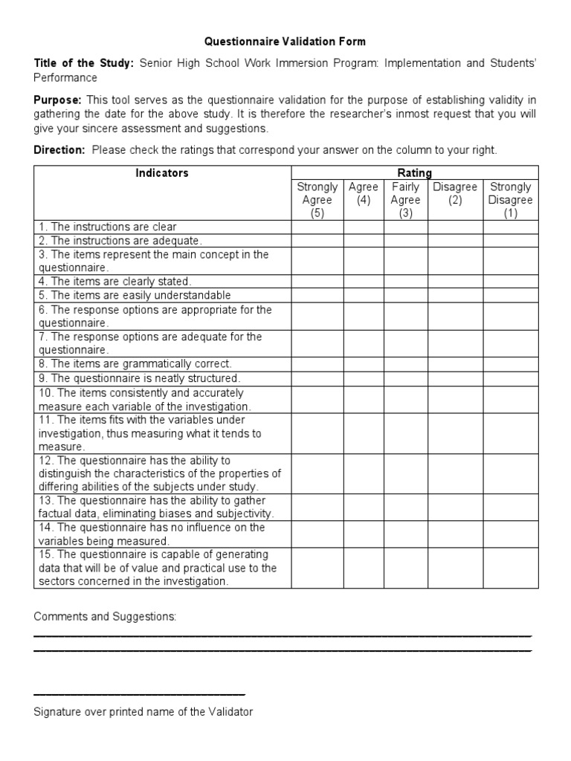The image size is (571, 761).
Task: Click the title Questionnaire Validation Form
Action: pyautogui.click(x=285, y=42)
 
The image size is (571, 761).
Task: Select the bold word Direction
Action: pyautogui.click(x=60, y=150)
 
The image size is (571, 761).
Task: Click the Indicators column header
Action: pyautogui.click(x=162, y=173)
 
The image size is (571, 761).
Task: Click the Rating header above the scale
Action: pyautogui.click(x=414, y=173)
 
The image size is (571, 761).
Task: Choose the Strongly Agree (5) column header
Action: pyautogui.click(x=317, y=200)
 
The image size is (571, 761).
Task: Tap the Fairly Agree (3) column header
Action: pyautogui.click(x=405, y=200)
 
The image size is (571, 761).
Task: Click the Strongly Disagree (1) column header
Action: pyautogui.click(x=510, y=200)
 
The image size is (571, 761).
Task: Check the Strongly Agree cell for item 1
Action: pyautogui.click(x=317, y=227)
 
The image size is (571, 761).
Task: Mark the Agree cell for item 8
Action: pyautogui.click(x=364, y=364)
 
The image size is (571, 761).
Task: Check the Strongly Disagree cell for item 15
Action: pyautogui.click(x=510, y=568)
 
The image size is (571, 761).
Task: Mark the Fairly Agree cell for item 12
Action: pyautogui.click(x=405, y=473)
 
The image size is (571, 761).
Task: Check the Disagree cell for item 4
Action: pyautogui.click(x=455, y=282)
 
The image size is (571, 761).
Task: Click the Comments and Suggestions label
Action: pyautogui.click(x=105, y=617)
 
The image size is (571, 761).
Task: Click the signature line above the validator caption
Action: pyautogui.click(x=139, y=693)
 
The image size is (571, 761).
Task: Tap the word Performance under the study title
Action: pyautogui.click(x=65, y=77)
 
